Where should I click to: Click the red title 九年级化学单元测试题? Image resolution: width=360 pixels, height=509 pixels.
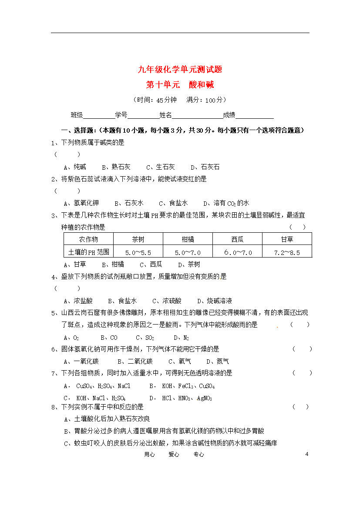(x=180, y=69)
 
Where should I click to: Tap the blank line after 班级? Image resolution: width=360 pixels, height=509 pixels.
(x=99, y=116)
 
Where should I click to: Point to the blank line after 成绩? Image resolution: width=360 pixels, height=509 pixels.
(x=255, y=116)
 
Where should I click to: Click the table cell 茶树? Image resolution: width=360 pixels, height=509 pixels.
(x=138, y=239)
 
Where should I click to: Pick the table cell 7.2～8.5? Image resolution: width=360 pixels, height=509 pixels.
(x=287, y=252)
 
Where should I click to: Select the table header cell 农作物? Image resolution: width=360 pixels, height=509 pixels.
(x=88, y=239)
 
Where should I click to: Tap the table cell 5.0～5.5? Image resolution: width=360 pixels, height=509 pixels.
(x=138, y=252)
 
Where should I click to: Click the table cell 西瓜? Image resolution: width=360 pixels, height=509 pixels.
(x=237, y=239)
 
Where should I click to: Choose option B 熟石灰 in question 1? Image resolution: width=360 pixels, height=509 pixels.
(x=116, y=167)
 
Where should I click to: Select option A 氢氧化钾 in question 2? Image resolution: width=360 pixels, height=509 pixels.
(x=81, y=203)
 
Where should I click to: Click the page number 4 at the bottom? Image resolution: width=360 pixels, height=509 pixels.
(x=307, y=454)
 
